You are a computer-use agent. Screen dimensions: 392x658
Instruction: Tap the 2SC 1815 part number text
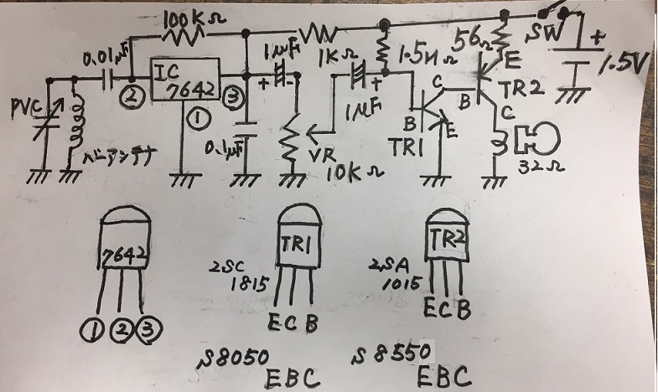point(246,276)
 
